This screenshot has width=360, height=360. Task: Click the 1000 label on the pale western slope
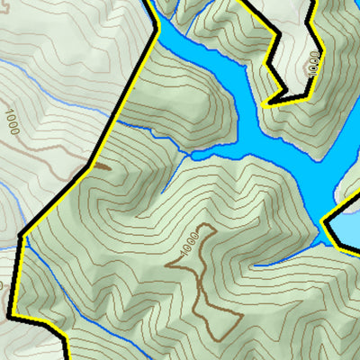[x=12, y=121]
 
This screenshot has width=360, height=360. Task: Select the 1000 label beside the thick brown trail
[x=187, y=244]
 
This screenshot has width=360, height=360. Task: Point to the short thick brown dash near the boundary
[x=100, y=166]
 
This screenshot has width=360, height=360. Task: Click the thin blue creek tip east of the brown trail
[x=261, y=265]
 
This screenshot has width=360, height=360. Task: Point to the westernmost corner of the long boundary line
[x=20, y=236]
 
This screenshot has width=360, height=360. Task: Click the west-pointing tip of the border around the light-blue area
[x=323, y=220]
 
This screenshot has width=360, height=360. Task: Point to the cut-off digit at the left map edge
[x=3, y=286]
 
